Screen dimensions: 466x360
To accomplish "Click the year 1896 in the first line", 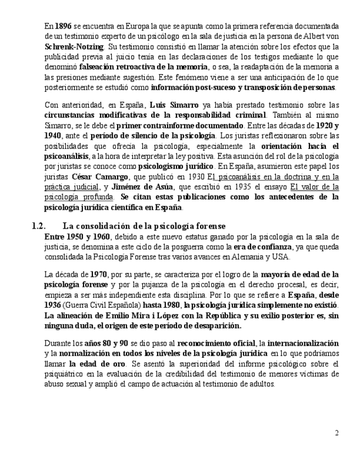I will pyautogui.click(x=64, y=26).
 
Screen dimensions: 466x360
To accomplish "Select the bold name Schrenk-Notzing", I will pyautogui.click(x=74, y=47).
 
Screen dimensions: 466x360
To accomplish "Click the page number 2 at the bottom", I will pyautogui.click(x=337, y=433).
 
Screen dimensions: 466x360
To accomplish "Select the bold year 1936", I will pyautogui.click(x=52, y=305).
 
